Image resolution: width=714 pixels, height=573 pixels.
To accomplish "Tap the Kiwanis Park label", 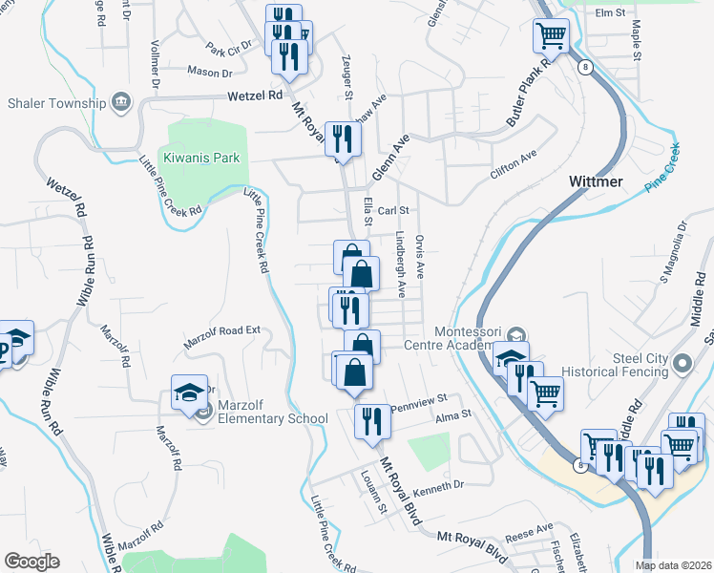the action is click(x=200, y=158).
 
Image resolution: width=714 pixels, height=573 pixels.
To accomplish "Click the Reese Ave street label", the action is click(x=531, y=529).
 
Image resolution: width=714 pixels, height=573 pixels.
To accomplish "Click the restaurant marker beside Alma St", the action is click(x=370, y=421).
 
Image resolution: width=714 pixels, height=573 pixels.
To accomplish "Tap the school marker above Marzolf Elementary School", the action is click(x=189, y=391).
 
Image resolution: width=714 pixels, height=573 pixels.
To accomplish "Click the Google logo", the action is click(x=31, y=562).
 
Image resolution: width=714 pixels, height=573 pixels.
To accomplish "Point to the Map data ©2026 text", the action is click(x=672, y=565).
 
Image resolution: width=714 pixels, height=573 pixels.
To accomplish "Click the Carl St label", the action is click(x=392, y=210).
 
